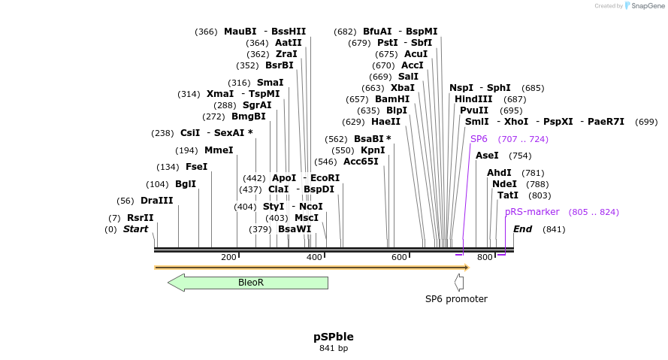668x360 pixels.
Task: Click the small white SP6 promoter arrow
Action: pyautogui.click(x=459, y=283)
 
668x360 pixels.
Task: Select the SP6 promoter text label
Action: pyautogui.click(x=456, y=299)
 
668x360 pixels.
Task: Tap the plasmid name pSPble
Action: pyautogui.click(x=334, y=337)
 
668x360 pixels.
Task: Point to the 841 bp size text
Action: pyautogui.click(x=334, y=348)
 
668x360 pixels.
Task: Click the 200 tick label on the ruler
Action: pyautogui.click(x=228, y=258)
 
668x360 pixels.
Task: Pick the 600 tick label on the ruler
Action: pyautogui.click(x=399, y=258)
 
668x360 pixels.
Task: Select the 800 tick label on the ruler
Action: pyautogui.click(x=485, y=258)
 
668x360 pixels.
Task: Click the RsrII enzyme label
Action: pyautogui.click(x=140, y=218)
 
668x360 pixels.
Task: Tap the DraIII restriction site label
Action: pyautogui.click(x=156, y=201)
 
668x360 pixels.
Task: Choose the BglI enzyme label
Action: pyautogui.click(x=186, y=184)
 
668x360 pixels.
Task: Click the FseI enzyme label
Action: pyautogui.click(x=196, y=167)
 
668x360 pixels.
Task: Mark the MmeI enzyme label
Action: pyautogui.click(x=219, y=150)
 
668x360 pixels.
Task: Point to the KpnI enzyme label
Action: pyautogui.click(x=373, y=150)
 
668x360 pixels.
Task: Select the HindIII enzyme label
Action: pyautogui.click(x=473, y=99)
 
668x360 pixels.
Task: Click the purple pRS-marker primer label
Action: pyautogui.click(x=532, y=212)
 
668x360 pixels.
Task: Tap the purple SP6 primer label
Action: pyautogui.click(x=479, y=139)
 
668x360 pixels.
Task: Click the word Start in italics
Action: pyautogui.click(x=136, y=229)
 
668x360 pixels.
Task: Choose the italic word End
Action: pyautogui.click(x=522, y=229)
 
